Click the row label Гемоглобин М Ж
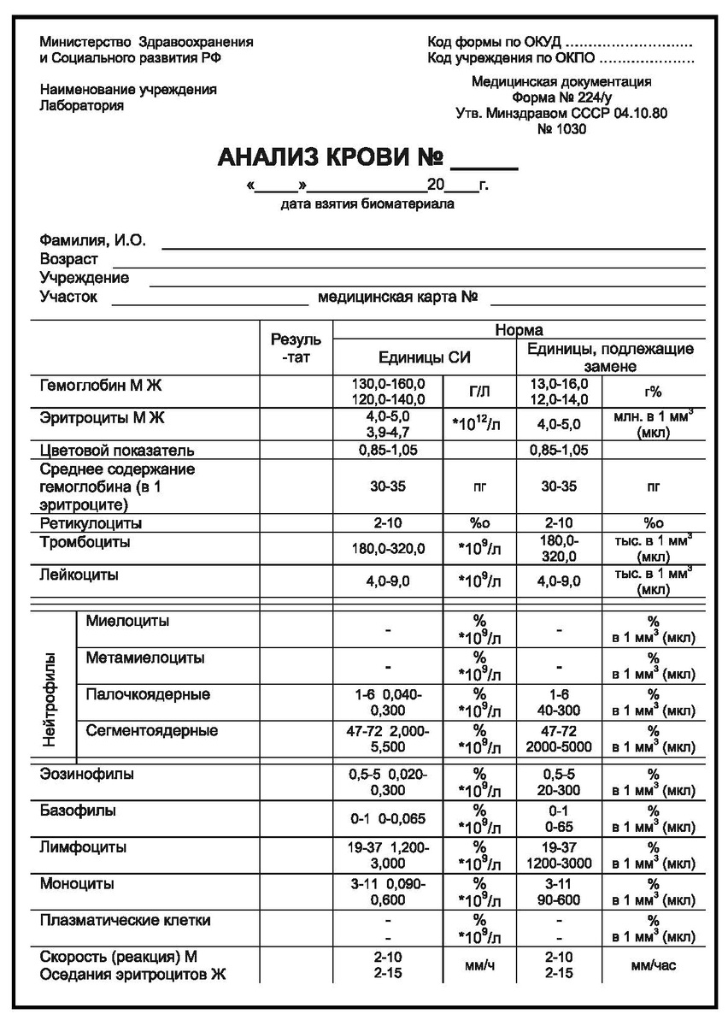[x=100, y=386]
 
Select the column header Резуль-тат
[x=296, y=348]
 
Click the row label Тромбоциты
[x=85, y=542]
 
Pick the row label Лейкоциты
[x=79, y=575]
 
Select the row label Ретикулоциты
[x=91, y=522]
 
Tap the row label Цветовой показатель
[x=117, y=449]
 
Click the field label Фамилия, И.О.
[x=92, y=240]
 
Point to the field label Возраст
[x=68, y=259]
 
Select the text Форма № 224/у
[x=561, y=97]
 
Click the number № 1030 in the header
[x=561, y=129]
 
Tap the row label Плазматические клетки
[x=125, y=920]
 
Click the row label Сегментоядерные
[x=151, y=730]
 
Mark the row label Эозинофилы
[x=86, y=774]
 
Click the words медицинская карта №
[x=396, y=297]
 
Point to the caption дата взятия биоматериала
[x=367, y=204]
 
